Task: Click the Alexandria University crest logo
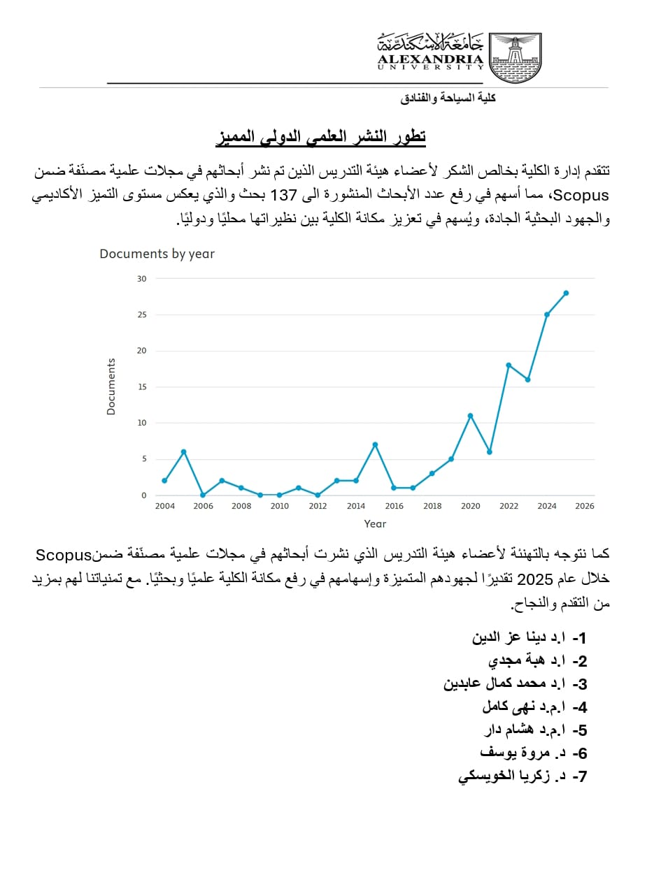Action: (515, 57)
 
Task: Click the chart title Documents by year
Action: (157, 254)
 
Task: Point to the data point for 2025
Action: (566, 293)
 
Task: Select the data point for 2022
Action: (509, 365)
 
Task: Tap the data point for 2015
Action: (375, 444)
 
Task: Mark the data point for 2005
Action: (183, 451)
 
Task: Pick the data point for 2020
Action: (470, 416)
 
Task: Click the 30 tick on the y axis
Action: (142, 278)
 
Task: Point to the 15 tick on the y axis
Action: (142, 386)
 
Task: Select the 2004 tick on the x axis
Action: (164, 506)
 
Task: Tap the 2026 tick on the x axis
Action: (585, 506)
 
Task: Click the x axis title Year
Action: (375, 523)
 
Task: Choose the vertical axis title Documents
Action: (111, 387)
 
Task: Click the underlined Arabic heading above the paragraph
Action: (320, 136)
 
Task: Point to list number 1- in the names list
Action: (579, 638)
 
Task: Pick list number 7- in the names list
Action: (579, 776)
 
